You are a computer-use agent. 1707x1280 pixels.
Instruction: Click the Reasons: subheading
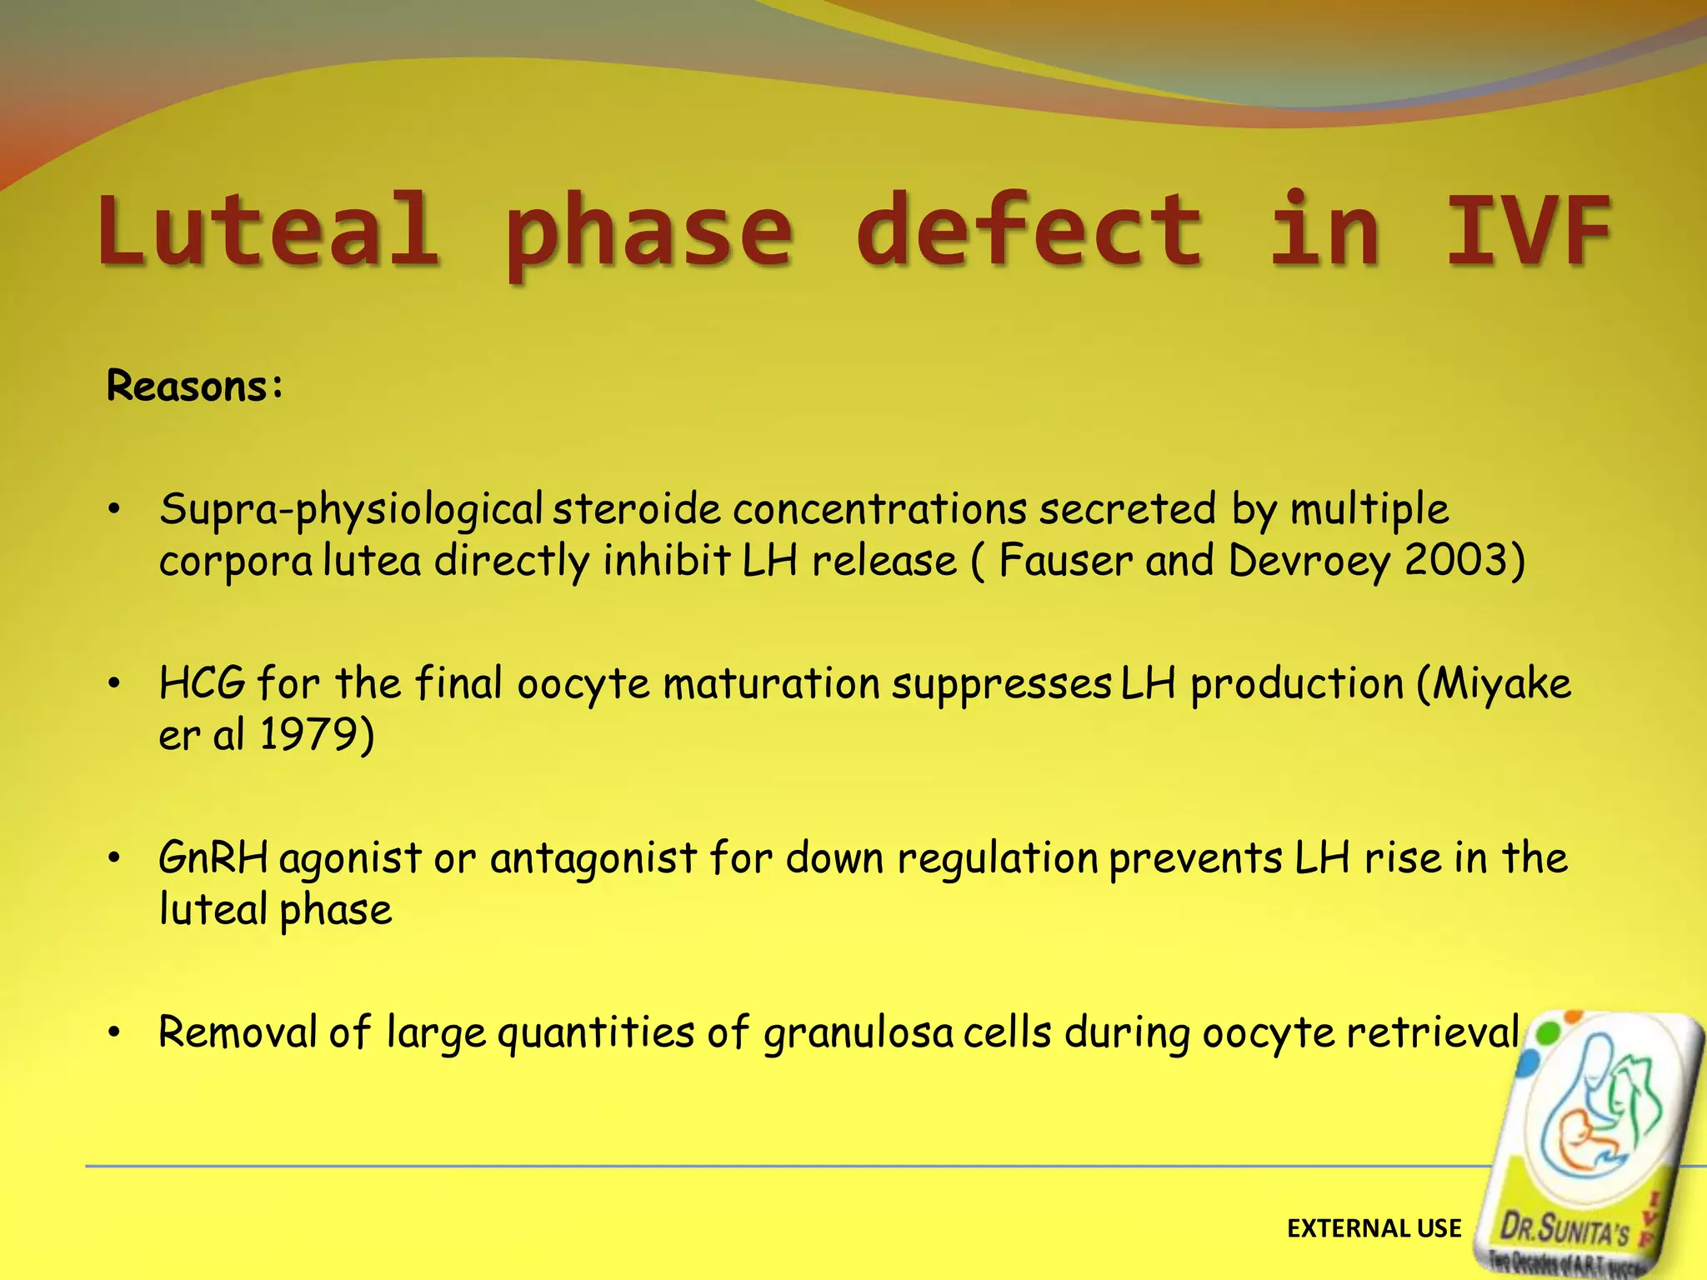point(195,387)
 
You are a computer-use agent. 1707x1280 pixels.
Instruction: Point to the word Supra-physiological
point(351,510)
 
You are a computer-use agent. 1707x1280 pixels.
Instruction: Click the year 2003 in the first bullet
point(1454,560)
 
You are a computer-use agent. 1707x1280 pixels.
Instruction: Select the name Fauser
point(1065,560)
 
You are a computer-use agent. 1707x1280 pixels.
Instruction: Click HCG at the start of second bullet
point(203,683)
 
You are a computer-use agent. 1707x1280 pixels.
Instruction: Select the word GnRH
point(213,858)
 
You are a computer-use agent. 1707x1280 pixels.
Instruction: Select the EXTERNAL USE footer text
point(1374,1228)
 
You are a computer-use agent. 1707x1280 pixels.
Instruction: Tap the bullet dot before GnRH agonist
point(115,858)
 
